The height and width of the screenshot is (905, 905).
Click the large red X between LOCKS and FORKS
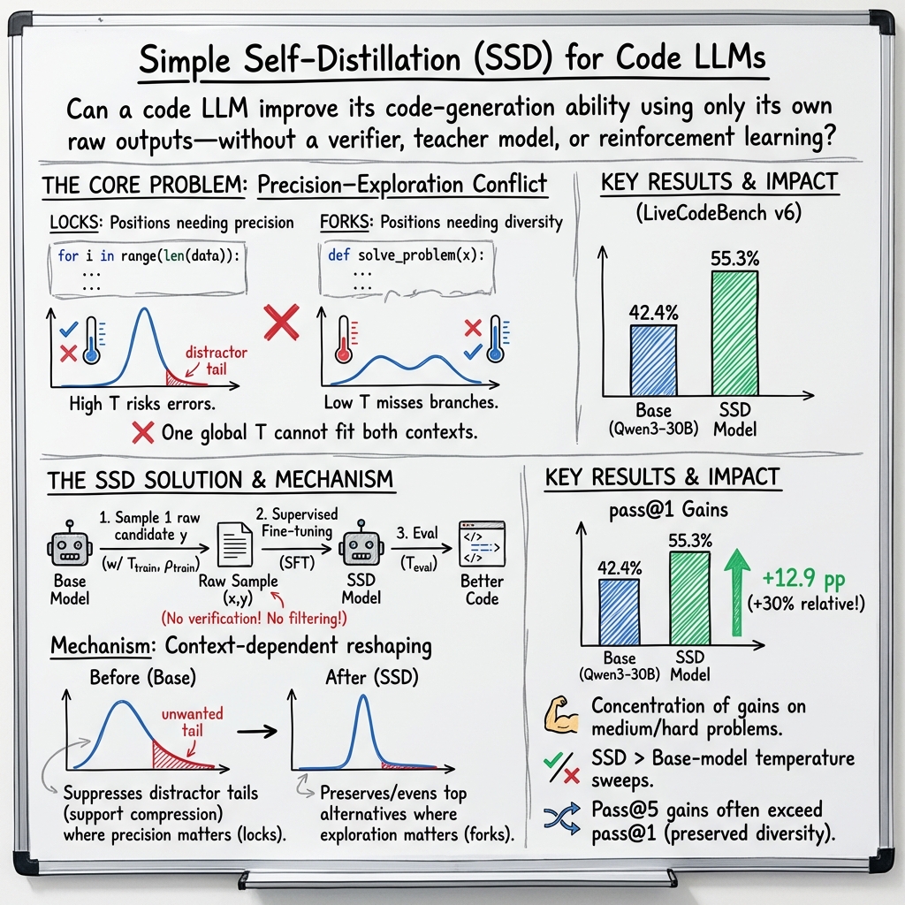[x=281, y=324]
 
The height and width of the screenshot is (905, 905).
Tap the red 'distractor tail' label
[x=217, y=361]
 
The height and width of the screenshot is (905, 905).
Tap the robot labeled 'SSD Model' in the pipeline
[x=361, y=548]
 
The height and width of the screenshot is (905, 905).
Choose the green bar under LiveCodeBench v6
[x=734, y=332]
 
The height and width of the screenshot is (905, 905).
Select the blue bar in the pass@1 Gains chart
[x=620, y=611]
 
